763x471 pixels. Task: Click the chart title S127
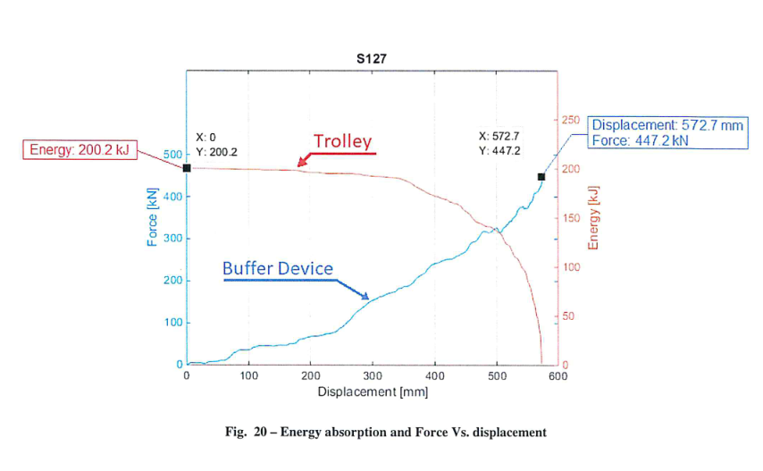click(x=371, y=59)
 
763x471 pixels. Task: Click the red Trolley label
click(x=342, y=141)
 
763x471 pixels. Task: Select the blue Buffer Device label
click(x=277, y=268)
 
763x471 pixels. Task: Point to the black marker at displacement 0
click(x=187, y=168)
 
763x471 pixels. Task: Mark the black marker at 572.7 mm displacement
click(x=541, y=177)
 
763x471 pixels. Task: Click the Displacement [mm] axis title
click(x=371, y=391)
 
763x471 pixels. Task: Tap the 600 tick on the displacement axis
click(x=558, y=376)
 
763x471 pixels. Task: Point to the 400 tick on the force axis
click(x=172, y=197)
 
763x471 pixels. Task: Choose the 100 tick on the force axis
click(x=172, y=323)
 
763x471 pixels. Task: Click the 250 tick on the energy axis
click(x=571, y=120)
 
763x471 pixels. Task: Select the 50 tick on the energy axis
click(x=568, y=316)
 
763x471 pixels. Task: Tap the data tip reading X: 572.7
click(x=499, y=137)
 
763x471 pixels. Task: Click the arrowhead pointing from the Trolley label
click(x=301, y=164)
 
